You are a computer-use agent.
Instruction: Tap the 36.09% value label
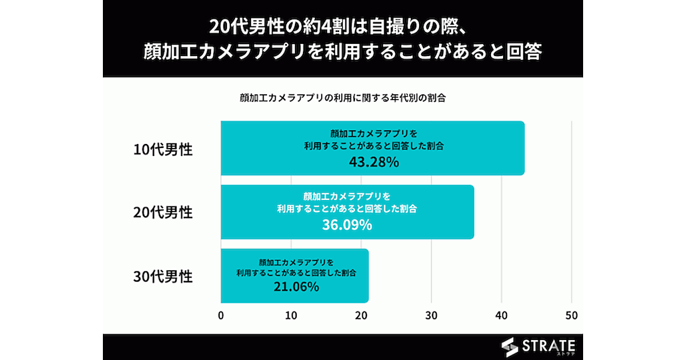347,225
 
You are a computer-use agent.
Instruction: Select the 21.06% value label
294,287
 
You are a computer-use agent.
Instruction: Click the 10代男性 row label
163,150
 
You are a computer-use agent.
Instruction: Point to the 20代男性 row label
163,213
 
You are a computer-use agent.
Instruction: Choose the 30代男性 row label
163,277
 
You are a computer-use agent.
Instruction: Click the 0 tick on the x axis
221,315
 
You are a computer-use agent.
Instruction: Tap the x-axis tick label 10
291,315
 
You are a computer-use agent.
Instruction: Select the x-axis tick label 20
361,315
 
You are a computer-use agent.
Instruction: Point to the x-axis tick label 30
432,315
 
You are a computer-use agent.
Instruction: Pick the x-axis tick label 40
501,315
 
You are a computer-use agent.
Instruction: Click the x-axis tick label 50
572,315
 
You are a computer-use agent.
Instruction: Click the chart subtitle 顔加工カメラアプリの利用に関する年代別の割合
342,97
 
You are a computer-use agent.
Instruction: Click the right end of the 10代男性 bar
523,148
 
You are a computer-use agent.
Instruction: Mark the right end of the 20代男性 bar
473,212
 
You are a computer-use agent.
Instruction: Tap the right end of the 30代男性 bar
368,275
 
